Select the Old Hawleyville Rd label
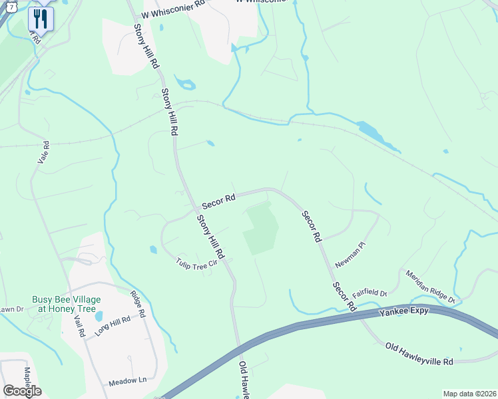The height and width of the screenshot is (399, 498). click(419, 352)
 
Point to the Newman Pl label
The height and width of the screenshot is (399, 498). click(351, 255)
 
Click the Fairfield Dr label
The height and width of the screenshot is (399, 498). click(370, 291)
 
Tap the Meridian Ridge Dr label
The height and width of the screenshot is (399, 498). click(433, 285)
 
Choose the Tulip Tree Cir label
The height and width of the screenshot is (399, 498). click(197, 263)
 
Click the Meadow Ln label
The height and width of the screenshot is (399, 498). click(132, 380)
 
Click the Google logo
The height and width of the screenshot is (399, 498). click(22, 390)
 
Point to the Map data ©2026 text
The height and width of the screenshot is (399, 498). click(469, 394)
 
